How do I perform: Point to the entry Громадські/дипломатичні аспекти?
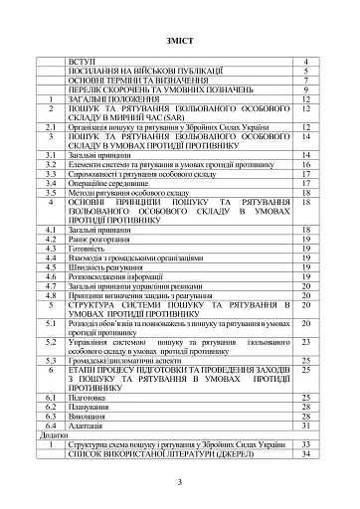[125, 359]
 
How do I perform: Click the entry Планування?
[90, 406]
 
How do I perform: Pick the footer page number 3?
[179, 482]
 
